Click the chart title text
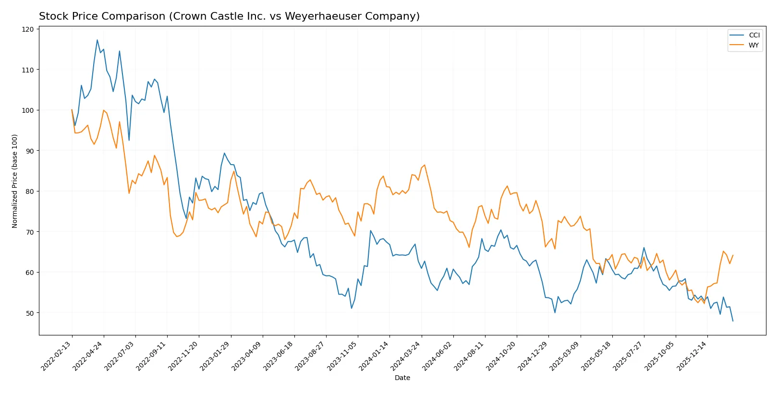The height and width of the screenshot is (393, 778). tap(229, 16)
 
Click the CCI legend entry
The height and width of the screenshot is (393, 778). tap(754, 35)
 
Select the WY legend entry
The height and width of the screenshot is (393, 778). tap(754, 45)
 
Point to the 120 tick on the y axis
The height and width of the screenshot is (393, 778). tap(28, 29)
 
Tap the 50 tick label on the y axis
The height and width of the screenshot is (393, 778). tap(29, 313)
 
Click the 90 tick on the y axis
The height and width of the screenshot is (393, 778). tap(29, 151)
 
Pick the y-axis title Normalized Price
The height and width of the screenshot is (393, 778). tap(15, 181)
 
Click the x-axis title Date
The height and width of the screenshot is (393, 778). tap(402, 378)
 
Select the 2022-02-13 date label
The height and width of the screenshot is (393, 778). tap(57, 356)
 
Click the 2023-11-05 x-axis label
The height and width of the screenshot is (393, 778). tap(343, 356)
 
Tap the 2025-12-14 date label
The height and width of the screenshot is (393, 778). tap(693, 356)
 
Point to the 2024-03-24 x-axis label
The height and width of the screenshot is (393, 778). tap(406, 356)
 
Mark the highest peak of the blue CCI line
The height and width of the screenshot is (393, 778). tap(97, 40)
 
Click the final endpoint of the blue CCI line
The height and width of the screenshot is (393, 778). tap(733, 321)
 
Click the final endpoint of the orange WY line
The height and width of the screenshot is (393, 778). tap(733, 255)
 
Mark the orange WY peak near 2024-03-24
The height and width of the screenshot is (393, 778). tap(424, 165)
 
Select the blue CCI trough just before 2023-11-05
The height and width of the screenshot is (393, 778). tap(352, 308)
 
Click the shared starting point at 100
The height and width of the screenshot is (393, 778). tap(72, 110)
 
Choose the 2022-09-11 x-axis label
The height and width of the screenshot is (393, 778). tap(152, 356)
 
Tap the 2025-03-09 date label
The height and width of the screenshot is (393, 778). tap(565, 356)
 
